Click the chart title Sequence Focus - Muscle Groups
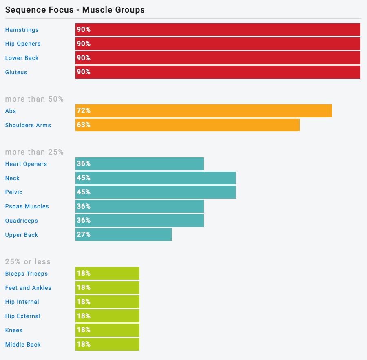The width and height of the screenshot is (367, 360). click(x=75, y=9)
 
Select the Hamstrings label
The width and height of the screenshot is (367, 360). click(x=22, y=30)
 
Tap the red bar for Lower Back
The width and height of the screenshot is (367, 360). click(x=218, y=58)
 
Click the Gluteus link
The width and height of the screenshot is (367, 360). click(x=16, y=72)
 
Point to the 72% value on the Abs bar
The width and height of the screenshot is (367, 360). click(x=84, y=111)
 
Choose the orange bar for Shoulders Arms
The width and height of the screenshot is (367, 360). click(x=188, y=125)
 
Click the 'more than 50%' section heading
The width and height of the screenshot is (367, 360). click(x=34, y=99)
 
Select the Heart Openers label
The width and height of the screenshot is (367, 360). click(x=26, y=164)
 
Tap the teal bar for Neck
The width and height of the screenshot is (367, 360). click(x=155, y=178)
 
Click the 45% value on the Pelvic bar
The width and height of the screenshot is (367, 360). click(x=84, y=192)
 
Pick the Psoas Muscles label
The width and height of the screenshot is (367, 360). click(x=27, y=206)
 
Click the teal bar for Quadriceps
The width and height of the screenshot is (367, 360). click(x=139, y=221)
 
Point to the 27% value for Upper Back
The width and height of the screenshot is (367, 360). click(x=84, y=234)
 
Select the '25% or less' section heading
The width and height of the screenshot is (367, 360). click(x=28, y=262)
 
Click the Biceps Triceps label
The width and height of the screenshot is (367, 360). click(x=26, y=274)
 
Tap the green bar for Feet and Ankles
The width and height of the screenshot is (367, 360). click(x=107, y=288)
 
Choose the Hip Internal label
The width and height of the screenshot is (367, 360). click(x=22, y=302)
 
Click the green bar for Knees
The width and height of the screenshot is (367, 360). click(x=107, y=330)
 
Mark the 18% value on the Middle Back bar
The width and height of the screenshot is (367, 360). click(x=84, y=344)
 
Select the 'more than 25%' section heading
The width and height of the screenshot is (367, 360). click(x=34, y=152)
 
